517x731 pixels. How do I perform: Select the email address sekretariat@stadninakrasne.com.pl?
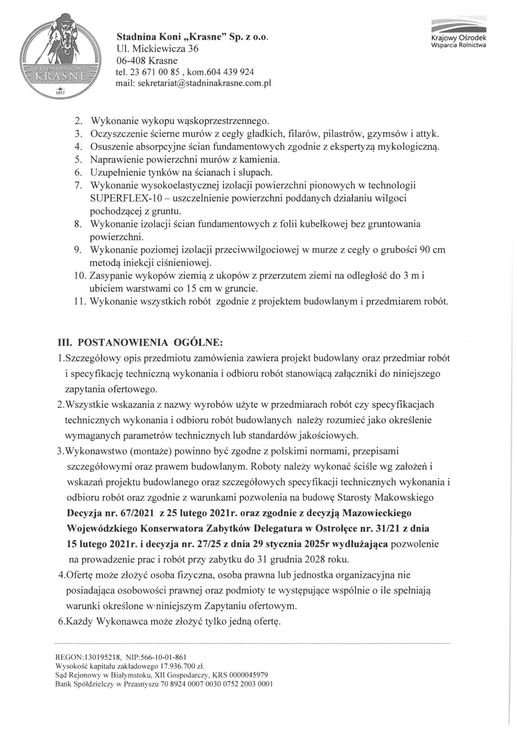click(x=204, y=83)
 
